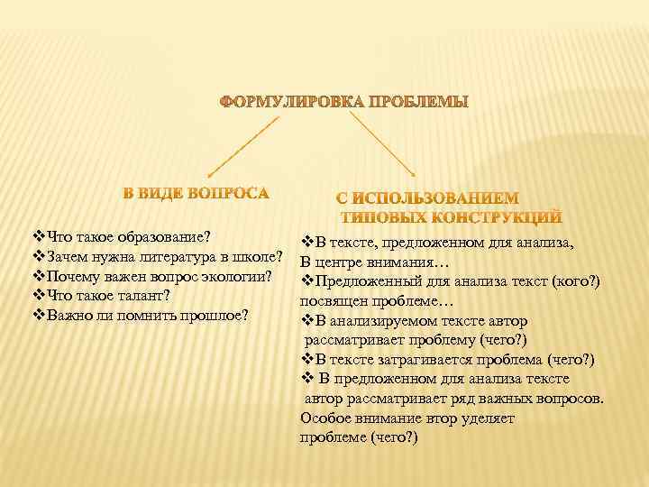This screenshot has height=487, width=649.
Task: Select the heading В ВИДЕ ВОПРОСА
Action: click(x=196, y=192)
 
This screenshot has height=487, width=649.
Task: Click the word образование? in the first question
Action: click(x=169, y=237)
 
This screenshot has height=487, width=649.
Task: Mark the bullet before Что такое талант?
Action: click(x=38, y=297)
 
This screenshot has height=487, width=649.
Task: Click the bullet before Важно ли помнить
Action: click(x=38, y=317)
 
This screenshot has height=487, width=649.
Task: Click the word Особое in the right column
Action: click(x=324, y=418)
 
